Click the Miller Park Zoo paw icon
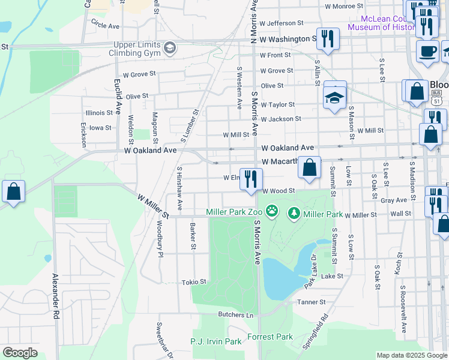click(273, 212)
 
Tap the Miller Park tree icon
click(294, 212)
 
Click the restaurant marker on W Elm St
click(251, 179)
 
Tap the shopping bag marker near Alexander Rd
click(13, 192)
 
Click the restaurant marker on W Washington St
click(327, 40)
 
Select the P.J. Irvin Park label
click(215, 341)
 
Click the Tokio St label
click(194, 281)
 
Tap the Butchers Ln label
click(235, 314)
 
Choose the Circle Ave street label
click(106, 26)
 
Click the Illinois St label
click(98, 112)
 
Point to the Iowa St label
click(100, 127)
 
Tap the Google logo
click(20, 353)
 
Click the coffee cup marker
click(427, 50)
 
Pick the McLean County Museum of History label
click(382, 23)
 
